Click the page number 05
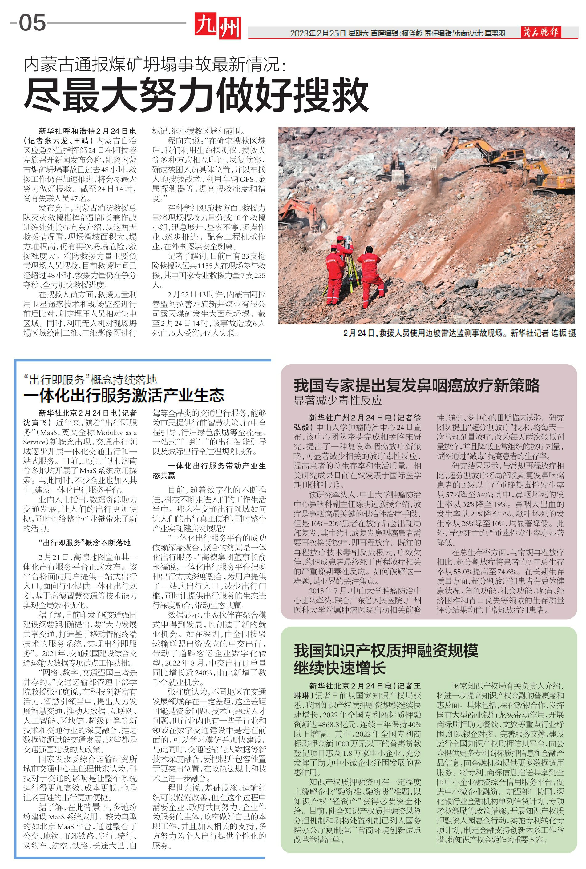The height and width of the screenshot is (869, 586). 32,23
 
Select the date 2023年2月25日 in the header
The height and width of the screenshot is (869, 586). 318,33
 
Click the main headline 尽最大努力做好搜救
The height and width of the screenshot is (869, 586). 196,94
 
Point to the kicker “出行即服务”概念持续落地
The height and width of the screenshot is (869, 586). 90,380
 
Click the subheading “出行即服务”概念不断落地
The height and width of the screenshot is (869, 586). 84,543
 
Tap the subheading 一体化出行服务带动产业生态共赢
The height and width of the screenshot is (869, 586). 209,470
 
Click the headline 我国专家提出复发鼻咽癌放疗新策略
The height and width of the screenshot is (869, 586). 416,385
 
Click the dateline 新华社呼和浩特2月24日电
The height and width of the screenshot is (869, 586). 87,131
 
